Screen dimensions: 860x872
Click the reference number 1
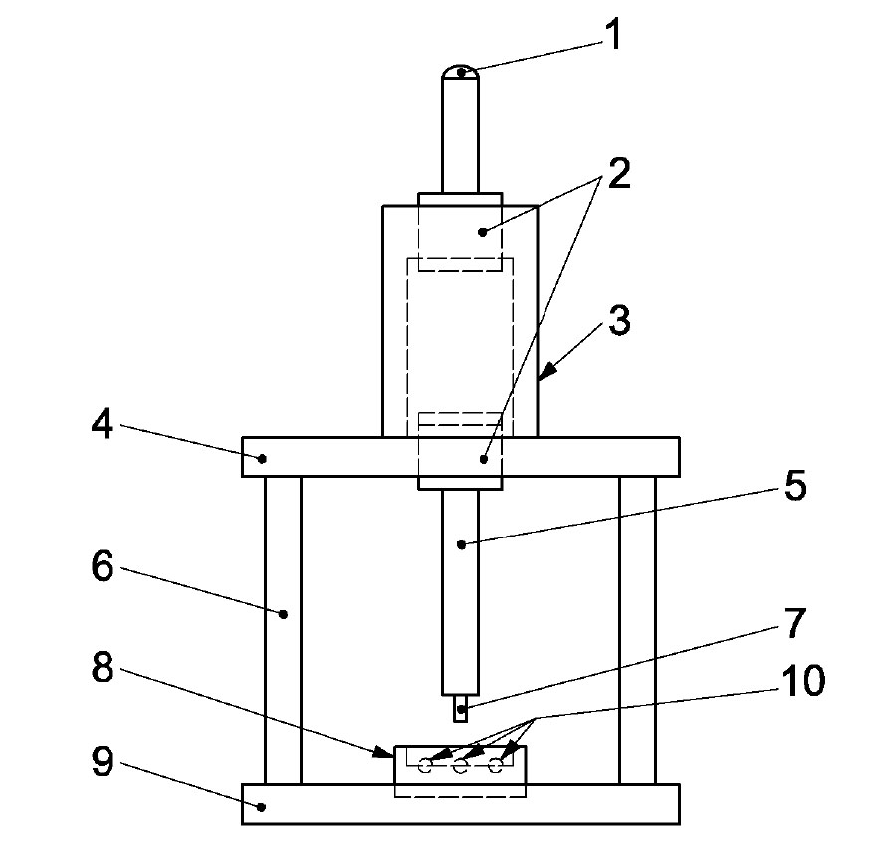[x=614, y=36]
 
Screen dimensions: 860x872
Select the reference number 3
[x=619, y=323]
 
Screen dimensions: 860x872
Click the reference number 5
[x=792, y=488]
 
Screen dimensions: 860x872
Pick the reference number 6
[x=102, y=567]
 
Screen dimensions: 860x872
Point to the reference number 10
[x=802, y=682]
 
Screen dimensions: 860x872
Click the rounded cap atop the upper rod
[x=460, y=71]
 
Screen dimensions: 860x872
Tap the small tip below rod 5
[x=460, y=711]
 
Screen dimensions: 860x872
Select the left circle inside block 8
[x=426, y=767]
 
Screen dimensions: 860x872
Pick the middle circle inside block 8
[x=460, y=767]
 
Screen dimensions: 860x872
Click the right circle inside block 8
[x=494, y=767]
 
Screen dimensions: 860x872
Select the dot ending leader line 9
[x=262, y=807]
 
